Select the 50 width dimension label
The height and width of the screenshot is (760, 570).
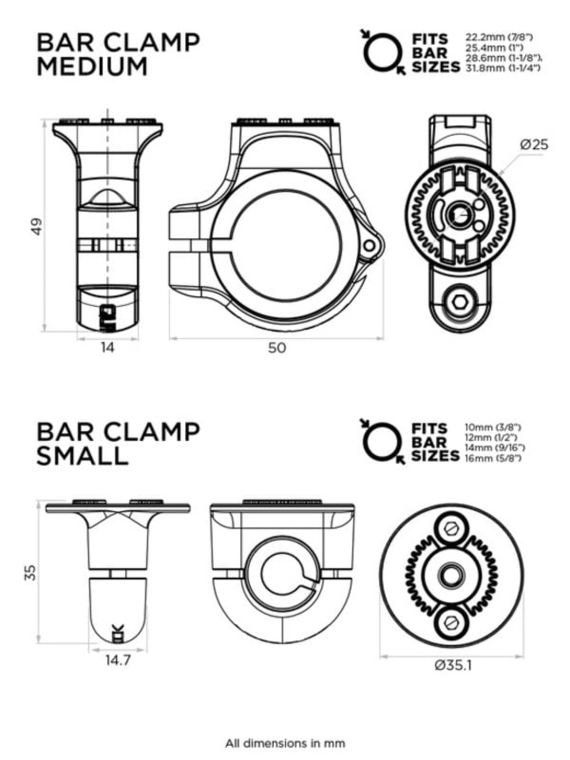(x=277, y=348)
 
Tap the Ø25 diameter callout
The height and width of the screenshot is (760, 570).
(x=534, y=145)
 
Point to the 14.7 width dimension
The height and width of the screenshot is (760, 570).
(x=118, y=660)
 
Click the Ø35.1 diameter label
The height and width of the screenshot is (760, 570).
(x=453, y=666)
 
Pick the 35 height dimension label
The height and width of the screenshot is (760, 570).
(x=31, y=572)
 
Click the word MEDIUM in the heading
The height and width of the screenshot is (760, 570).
(x=92, y=67)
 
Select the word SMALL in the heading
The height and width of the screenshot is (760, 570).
(x=82, y=456)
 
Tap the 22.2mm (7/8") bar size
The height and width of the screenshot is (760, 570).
(x=499, y=37)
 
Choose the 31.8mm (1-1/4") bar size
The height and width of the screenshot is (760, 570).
(x=502, y=68)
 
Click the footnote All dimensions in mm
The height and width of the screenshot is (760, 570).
(x=285, y=743)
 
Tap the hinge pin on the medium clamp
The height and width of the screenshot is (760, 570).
(x=369, y=246)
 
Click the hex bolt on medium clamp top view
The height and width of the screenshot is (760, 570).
(x=460, y=303)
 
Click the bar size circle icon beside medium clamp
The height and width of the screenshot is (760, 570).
(x=382, y=52)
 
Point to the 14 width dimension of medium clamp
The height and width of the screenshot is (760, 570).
(x=107, y=348)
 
